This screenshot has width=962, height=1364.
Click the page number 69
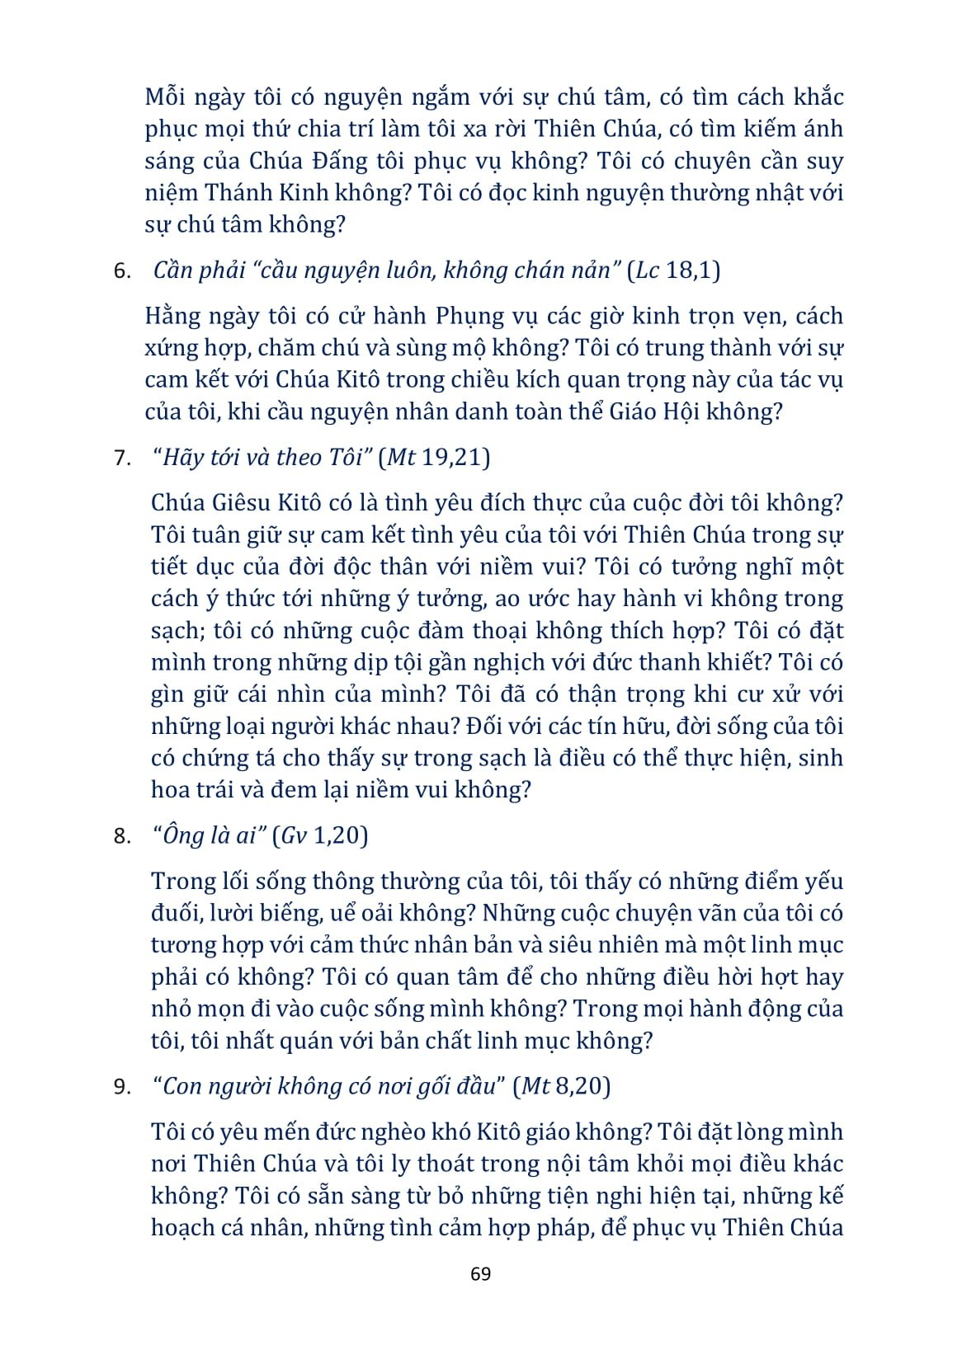[x=480, y=1273]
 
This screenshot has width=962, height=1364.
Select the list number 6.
[x=122, y=271]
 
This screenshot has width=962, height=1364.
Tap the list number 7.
[x=122, y=459]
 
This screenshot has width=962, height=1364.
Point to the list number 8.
[x=122, y=837]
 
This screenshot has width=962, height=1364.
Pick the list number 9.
[x=122, y=1087]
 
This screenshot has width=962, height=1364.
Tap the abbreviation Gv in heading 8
[x=295, y=836]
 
